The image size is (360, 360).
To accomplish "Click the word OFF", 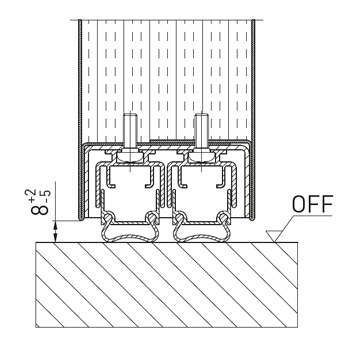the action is [x=313, y=203].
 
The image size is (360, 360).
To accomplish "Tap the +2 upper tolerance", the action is [x=30, y=195].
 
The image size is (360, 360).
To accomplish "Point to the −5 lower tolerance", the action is [x=45, y=195].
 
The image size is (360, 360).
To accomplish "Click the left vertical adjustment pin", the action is [x=130, y=131].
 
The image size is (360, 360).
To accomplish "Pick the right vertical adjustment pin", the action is [x=202, y=131].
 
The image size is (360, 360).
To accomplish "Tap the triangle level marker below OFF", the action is [x=274, y=236].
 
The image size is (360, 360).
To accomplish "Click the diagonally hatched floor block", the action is [x=167, y=285].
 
